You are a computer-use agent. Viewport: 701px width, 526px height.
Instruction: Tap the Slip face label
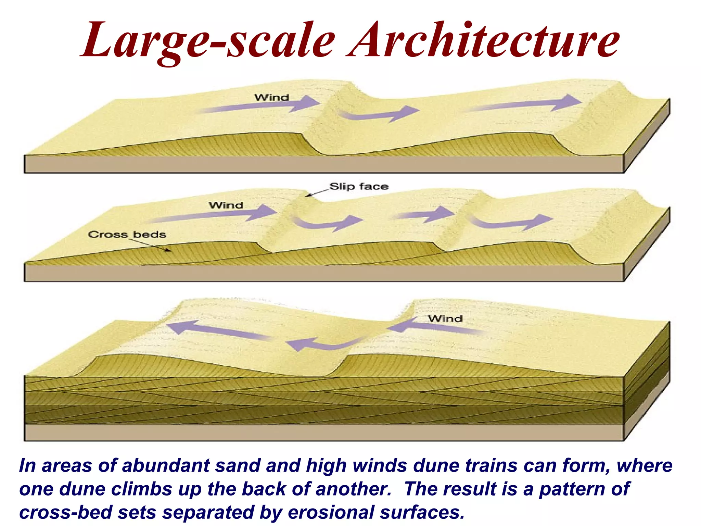point(359,187)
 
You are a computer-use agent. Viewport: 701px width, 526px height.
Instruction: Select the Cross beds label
point(127,235)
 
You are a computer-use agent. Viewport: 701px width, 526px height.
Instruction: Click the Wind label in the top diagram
point(271,98)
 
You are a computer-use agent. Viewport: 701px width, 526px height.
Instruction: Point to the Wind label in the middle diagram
point(226,205)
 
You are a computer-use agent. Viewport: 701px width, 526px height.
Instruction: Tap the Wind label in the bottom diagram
point(445,319)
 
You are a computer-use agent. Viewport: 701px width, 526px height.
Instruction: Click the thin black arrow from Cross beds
point(151,245)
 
